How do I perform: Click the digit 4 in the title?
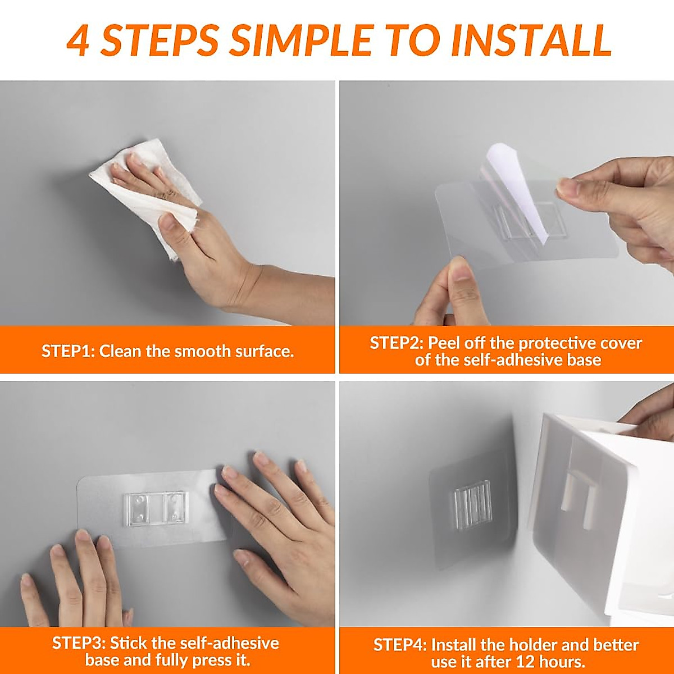(x=78, y=41)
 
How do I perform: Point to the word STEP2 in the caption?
(x=397, y=343)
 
